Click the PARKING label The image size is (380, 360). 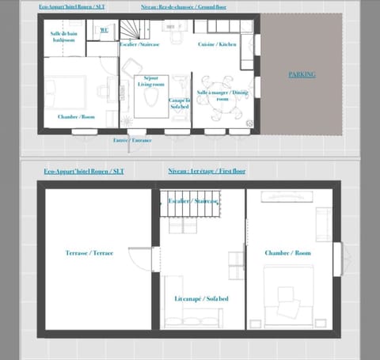tap(301, 74)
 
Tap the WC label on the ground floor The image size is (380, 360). tap(104, 30)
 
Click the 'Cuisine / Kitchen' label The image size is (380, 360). tap(217, 45)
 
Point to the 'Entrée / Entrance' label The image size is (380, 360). tap(131, 139)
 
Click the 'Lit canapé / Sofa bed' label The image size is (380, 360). tap(201, 298)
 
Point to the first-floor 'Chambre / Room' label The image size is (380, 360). tap(288, 253)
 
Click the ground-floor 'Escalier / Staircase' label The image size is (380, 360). tap(138, 45)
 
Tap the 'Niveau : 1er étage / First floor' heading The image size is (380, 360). tap(207, 170)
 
